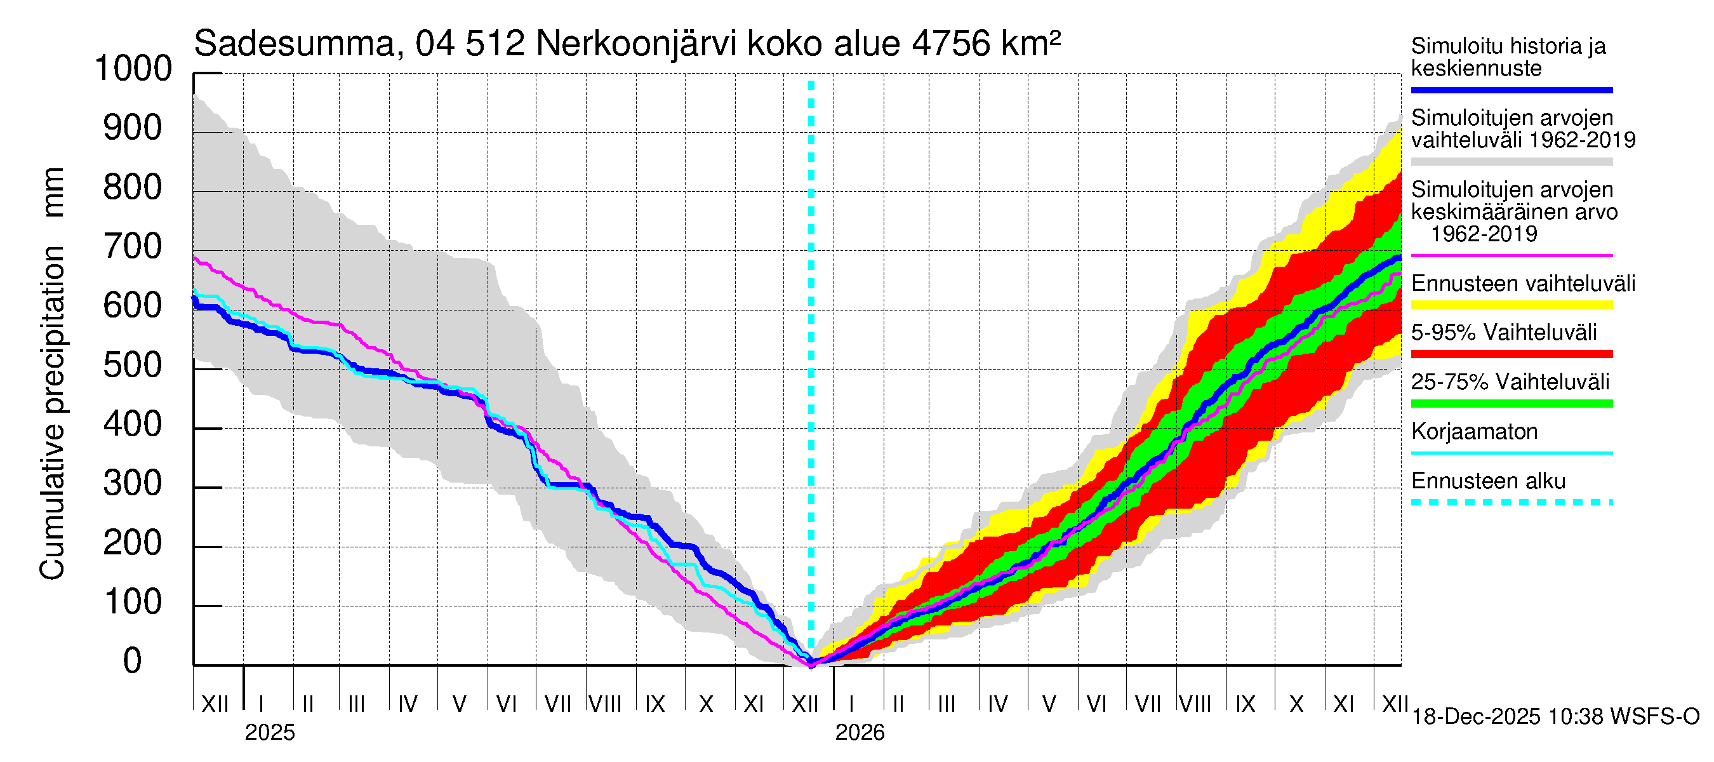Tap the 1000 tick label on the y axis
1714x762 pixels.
pyautogui.click(x=133, y=69)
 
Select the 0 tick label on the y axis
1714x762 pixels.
pyautogui.click(x=133, y=661)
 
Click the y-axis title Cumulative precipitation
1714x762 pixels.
pyautogui.click(x=53, y=413)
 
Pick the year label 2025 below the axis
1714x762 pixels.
pyautogui.click(x=269, y=733)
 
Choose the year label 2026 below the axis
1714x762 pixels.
pyautogui.click(x=860, y=733)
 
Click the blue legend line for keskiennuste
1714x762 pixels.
pyautogui.click(x=1511, y=90)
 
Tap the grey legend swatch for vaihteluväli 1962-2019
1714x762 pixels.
pyautogui.click(x=1511, y=162)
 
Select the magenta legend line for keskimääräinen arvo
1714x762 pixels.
pyautogui.click(x=1511, y=255)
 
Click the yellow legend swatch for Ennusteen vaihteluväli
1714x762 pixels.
pyautogui.click(x=1511, y=305)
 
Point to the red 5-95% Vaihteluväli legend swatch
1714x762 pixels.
pyautogui.click(x=1511, y=354)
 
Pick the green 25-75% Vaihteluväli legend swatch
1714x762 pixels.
pyautogui.click(x=1511, y=403)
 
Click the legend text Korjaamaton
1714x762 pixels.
pyautogui.click(x=1475, y=432)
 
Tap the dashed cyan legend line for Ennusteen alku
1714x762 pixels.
pyautogui.click(x=1511, y=502)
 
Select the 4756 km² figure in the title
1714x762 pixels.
pyautogui.click(x=985, y=44)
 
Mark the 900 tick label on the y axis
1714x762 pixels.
pyautogui.click(x=133, y=128)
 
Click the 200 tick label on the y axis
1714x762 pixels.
pyautogui.click(x=133, y=543)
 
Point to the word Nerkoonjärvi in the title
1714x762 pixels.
pyautogui.click(x=635, y=44)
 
